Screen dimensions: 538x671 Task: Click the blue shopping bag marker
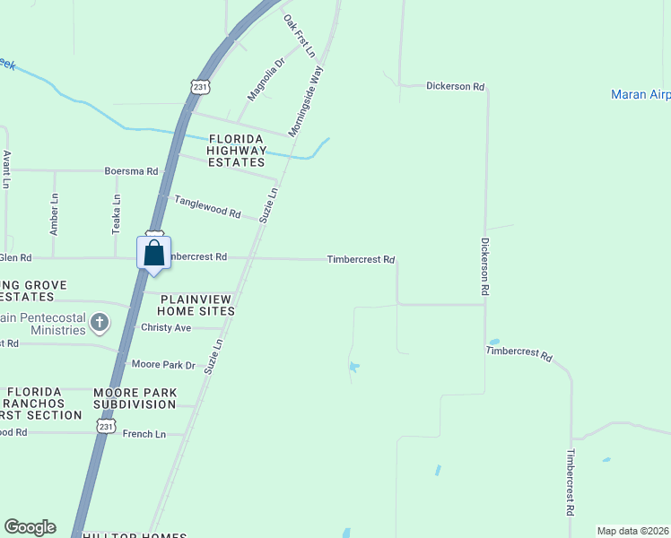(x=153, y=252)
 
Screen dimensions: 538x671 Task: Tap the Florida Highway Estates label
(x=237, y=151)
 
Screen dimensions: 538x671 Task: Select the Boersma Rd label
(x=131, y=170)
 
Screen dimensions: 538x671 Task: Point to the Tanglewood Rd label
(x=207, y=208)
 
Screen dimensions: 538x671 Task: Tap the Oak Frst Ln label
(x=300, y=36)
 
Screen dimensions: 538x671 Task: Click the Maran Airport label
(x=640, y=94)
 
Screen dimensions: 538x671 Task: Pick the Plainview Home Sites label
(x=196, y=304)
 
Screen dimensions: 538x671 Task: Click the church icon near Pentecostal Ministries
(x=100, y=321)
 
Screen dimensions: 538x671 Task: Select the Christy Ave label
(x=166, y=327)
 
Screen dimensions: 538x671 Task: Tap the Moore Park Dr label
(x=163, y=364)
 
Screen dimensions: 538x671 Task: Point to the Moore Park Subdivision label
(x=135, y=398)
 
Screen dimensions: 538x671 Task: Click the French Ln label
(x=144, y=434)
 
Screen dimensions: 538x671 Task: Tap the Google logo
(x=30, y=527)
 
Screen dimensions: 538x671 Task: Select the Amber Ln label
(x=55, y=213)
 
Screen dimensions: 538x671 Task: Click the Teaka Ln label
(x=116, y=215)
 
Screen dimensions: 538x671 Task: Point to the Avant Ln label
(x=6, y=169)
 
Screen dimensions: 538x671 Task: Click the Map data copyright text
(x=632, y=531)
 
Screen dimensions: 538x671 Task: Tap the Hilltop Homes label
(x=135, y=535)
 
